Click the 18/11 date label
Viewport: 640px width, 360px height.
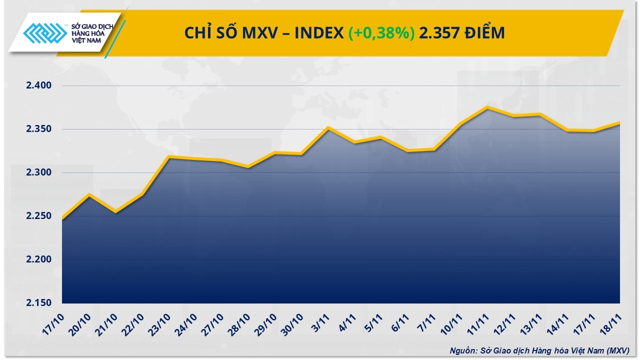(611, 322)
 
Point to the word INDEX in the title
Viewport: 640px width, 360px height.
(319, 33)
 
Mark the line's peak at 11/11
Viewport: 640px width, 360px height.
(487, 107)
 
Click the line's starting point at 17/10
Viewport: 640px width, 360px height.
(62, 218)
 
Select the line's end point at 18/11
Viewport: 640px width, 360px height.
(619, 122)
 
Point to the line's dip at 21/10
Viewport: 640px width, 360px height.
(115, 212)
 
